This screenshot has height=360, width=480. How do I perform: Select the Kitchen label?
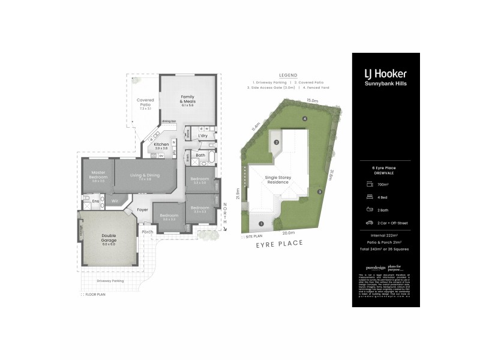pyautogui.click(x=161, y=145)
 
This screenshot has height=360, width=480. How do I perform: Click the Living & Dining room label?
pyautogui.click(x=145, y=176)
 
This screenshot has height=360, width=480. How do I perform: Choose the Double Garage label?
pyautogui.click(x=109, y=240)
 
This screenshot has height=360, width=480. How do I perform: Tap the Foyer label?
pyautogui.click(x=142, y=209)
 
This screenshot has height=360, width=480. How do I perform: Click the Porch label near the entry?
pyautogui.click(x=147, y=232)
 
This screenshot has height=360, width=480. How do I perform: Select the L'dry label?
pyautogui.click(x=202, y=136)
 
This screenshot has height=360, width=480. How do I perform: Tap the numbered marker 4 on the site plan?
pyautogui.click(x=305, y=119)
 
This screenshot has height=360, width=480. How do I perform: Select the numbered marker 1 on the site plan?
pyautogui.click(x=260, y=224)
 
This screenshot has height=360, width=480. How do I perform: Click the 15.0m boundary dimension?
pyautogui.click(x=311, y=101)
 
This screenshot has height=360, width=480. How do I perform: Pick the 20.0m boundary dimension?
pyautogui.click(x=289, y=233)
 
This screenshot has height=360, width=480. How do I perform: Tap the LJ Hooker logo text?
pyautogui.click(x=386, y=73)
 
